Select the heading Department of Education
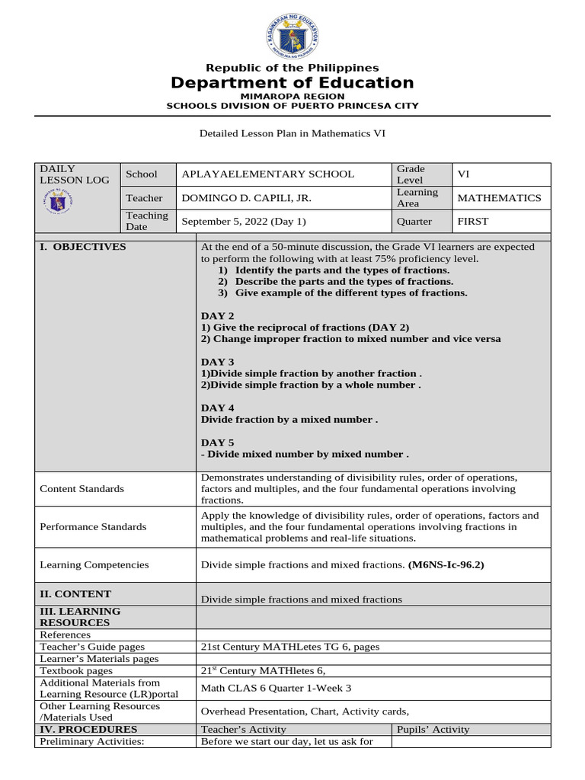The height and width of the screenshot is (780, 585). tap(292, 83)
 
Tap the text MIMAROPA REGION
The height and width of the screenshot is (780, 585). tap(292, 97)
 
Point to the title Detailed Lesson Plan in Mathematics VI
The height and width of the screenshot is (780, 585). tap(292, 133)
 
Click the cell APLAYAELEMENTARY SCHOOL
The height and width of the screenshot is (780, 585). tap(268, 174)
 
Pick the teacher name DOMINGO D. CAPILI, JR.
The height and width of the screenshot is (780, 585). tap(246, 198)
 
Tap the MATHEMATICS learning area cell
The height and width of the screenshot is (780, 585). tap(499, 198)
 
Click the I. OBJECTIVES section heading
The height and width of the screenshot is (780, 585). tap(83, 247)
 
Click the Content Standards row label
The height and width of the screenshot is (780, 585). tap(82, 489)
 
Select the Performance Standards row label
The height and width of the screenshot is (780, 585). tap(94, 527)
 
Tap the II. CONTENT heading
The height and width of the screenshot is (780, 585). tap(75, 594)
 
